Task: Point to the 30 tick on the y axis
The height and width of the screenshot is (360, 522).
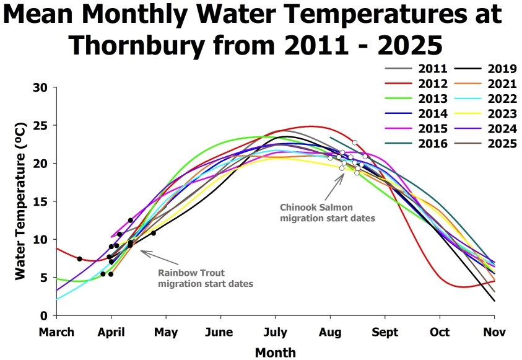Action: point(40,87)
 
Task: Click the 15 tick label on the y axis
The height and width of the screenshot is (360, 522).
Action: point(40,201)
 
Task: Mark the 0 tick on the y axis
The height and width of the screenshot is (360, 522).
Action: point(44,315)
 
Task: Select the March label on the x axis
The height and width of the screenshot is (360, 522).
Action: point(56,331)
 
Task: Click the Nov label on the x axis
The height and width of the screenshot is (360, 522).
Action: point(494,331)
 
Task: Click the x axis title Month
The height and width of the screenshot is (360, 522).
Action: point(275,353)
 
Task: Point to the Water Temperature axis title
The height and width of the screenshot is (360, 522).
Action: point(20,201)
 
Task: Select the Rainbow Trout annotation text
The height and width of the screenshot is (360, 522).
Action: point(206,278)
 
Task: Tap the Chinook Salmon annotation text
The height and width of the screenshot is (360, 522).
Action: point(328,213)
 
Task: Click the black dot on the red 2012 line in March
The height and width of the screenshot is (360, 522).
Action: point(79,258)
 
